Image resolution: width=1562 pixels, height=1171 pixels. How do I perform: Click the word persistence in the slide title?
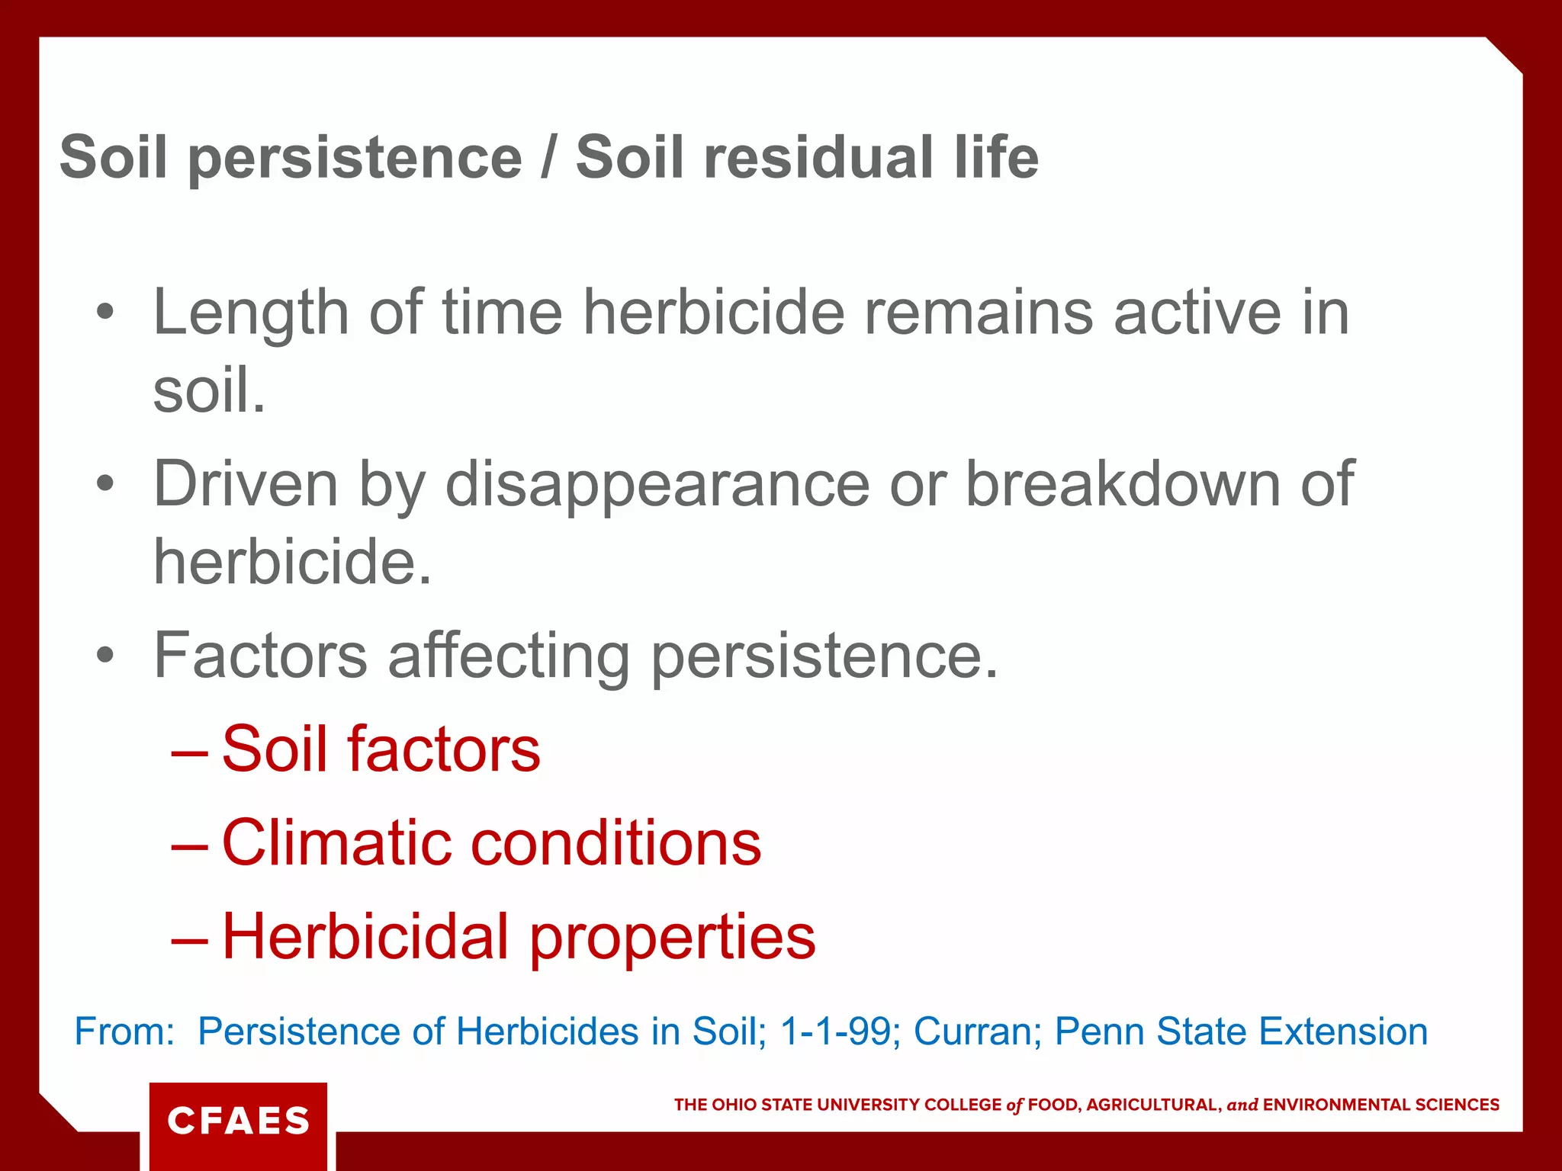(x=355, y=159)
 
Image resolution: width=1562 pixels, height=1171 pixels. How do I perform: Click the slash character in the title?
(x=548, y=157)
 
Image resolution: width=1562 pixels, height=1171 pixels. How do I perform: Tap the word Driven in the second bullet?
(x=246, y=484)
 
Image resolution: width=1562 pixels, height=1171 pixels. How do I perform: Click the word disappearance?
(x=657, y=484)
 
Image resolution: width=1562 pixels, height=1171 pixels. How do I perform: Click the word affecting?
(x=509, y=656)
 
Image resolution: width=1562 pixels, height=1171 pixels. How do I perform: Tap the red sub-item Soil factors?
(x=381, y=749)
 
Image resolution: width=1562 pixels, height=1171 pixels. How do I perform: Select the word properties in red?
(x=672, y=938)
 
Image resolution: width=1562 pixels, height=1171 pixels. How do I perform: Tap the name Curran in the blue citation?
(x=977, y=1031)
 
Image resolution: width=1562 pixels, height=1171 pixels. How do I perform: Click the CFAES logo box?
(x=238, y=1121)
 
